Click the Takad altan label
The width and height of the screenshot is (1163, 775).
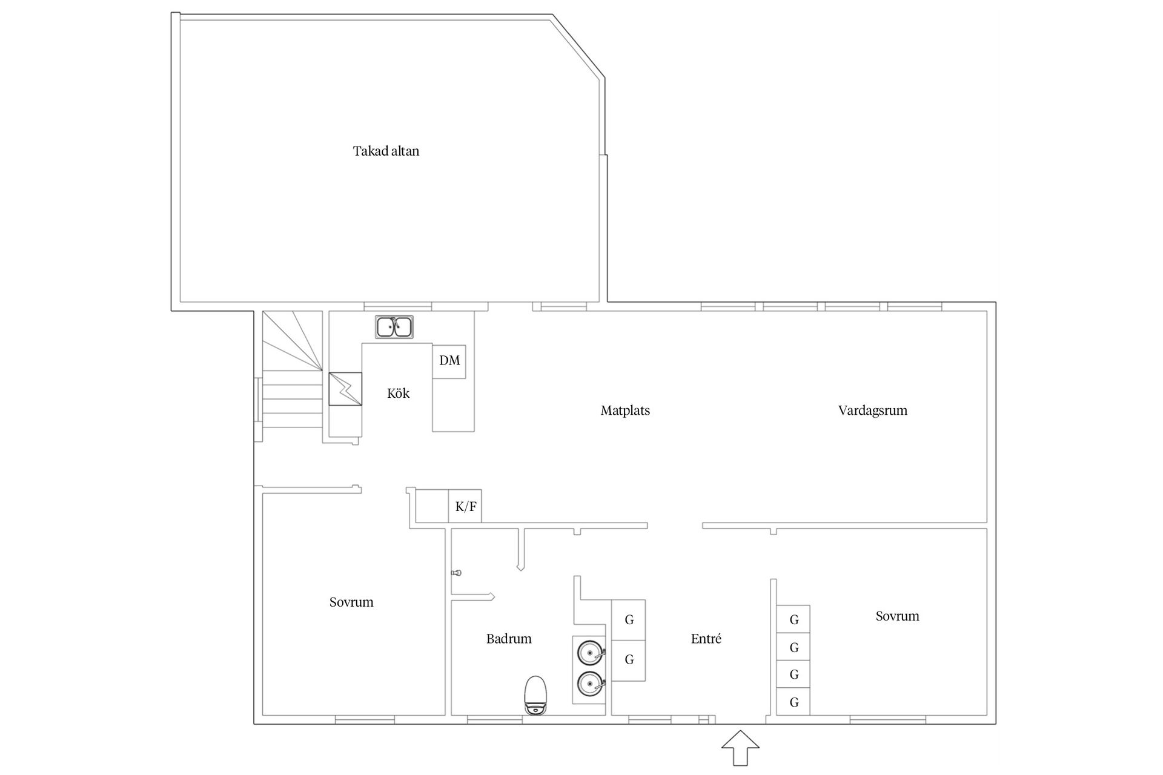coord(386,151)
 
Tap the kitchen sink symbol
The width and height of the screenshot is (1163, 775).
coord(394,327)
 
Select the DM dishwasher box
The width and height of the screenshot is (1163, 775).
coord(449,361)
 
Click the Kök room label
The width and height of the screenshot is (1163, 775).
coord(398,394)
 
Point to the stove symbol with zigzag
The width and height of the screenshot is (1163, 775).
coord(345,389)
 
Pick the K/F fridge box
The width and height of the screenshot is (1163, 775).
coord(465,506)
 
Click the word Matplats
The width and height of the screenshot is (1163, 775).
coord(625,411)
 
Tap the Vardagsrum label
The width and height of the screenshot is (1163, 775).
coord(873,411)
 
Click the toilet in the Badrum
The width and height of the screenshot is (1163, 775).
coord(535,696)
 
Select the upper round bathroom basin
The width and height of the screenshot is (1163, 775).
coord(591,653)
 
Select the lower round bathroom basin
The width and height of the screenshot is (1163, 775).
coord(591,684)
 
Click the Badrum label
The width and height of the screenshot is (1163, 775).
coord(509,639)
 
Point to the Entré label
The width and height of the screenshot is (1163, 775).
coord(706,639)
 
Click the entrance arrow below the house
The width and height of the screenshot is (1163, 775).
coord(740,748)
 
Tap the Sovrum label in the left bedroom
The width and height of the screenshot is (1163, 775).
coord(351,602)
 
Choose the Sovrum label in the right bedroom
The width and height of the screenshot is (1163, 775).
coord(897,616)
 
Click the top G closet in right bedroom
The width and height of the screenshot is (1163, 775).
coord(794,619)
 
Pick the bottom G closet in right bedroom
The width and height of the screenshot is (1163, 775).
coord(794,702)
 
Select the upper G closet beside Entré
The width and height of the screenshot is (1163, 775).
coord(629,620)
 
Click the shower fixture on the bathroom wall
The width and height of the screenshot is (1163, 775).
coord(456,572)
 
